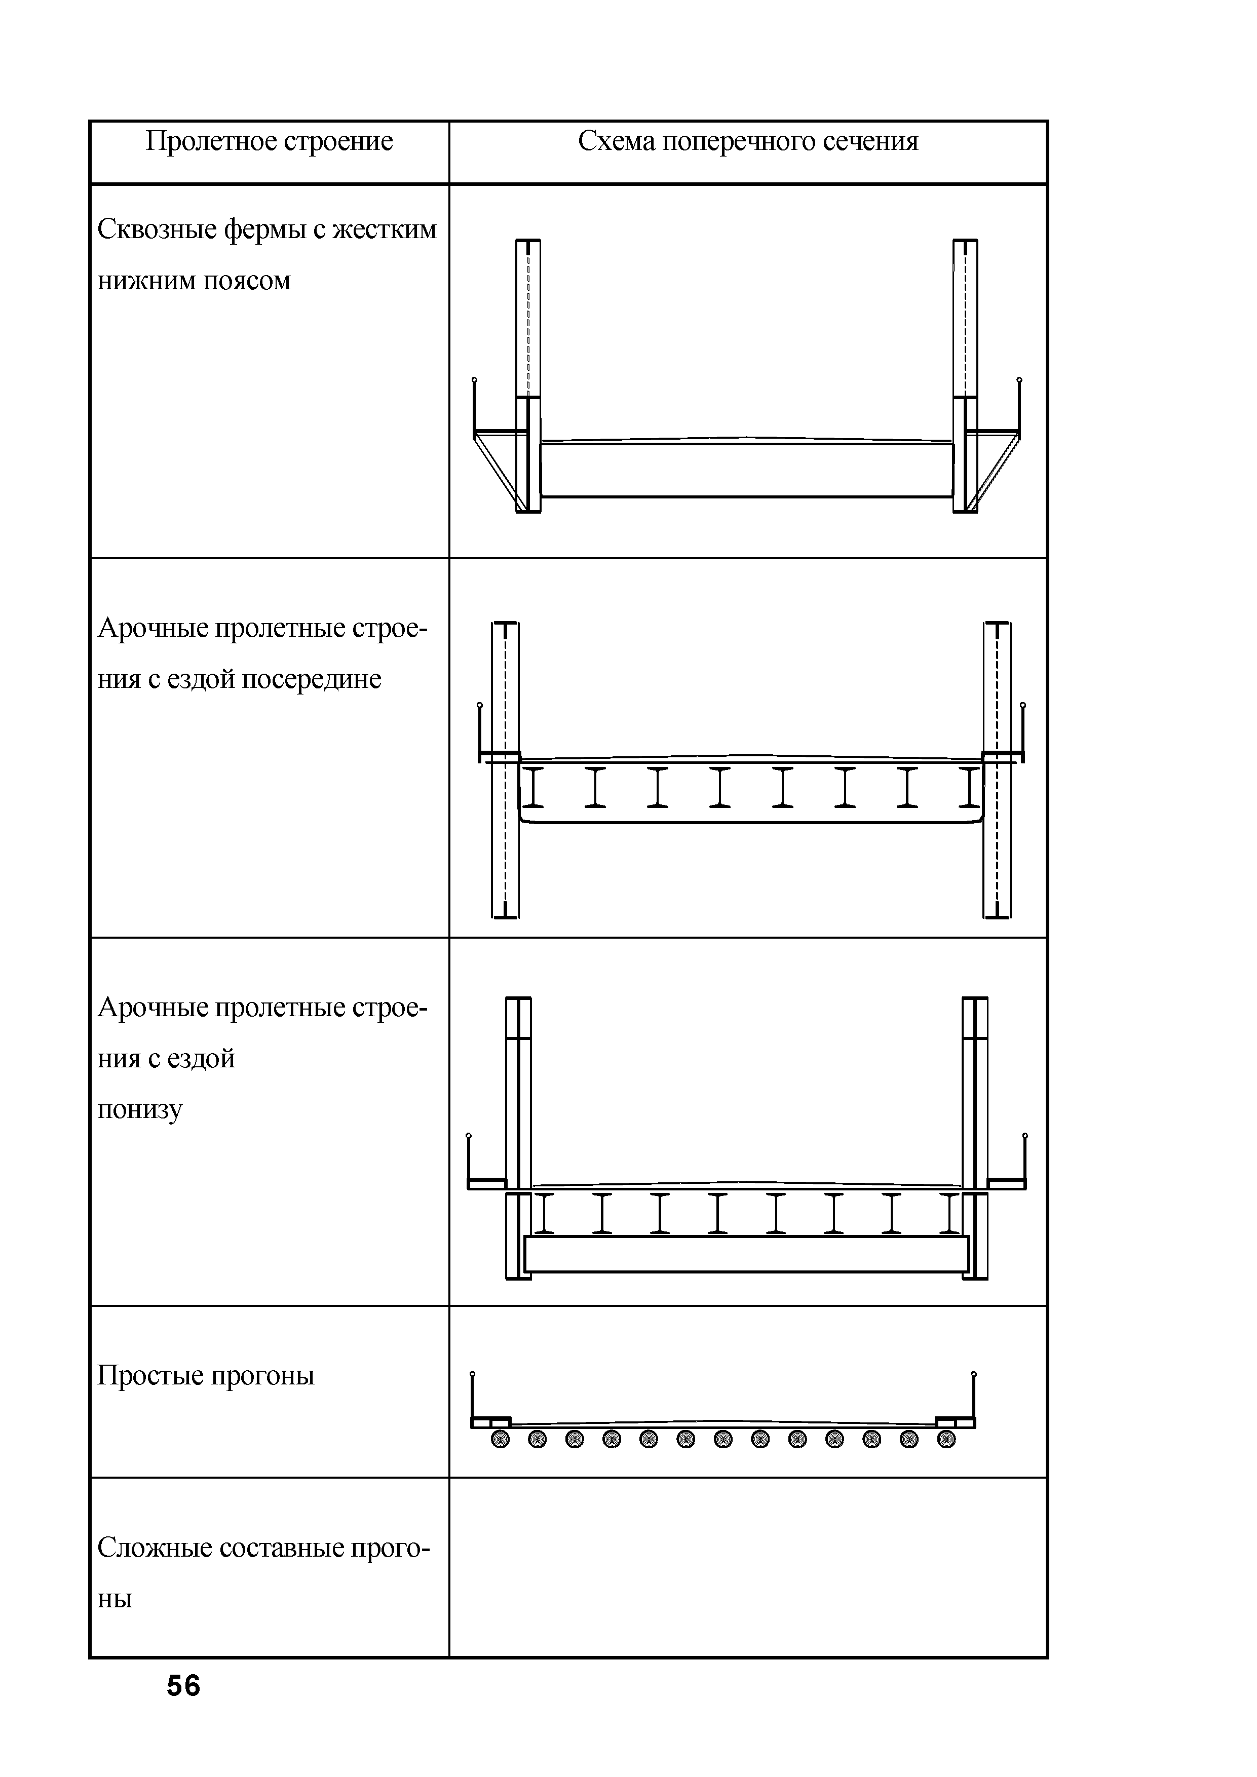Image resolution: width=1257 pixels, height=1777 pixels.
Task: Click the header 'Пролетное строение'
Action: tap(270, 142)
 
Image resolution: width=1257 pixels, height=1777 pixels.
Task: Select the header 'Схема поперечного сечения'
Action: tap(748, 142)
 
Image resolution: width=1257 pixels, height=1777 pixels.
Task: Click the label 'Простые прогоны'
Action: tap(206, 1375)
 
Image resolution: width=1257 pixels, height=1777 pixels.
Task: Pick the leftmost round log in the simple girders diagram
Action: tap(501, 1439)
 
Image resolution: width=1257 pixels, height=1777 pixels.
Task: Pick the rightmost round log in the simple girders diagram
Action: tap(946, 1439)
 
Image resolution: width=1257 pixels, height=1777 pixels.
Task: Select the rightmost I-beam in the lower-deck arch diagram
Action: tap(950, 1214)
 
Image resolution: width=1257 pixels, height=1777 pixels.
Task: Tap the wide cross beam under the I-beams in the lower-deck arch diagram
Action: tap(746, 1254)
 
